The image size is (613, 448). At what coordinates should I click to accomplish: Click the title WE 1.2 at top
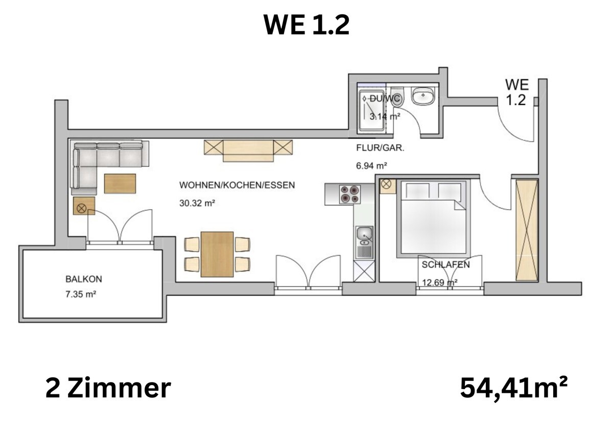[306, 25]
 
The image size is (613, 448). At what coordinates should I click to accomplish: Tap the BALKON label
[84, 279]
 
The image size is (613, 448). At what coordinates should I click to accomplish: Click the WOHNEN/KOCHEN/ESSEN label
[237, 185]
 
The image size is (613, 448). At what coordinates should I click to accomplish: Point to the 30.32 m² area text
[197, 203]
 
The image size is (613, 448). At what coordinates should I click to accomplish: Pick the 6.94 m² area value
[371, 166]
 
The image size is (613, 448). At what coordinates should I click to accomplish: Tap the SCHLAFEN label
[445, 265]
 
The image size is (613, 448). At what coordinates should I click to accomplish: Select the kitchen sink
[364, 234]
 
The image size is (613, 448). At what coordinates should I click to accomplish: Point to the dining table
[217, 254]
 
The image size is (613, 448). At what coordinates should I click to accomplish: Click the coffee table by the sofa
[120, 184]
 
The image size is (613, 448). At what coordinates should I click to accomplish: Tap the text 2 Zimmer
[108, 389]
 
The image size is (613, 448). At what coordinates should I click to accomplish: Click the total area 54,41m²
[513, 389]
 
